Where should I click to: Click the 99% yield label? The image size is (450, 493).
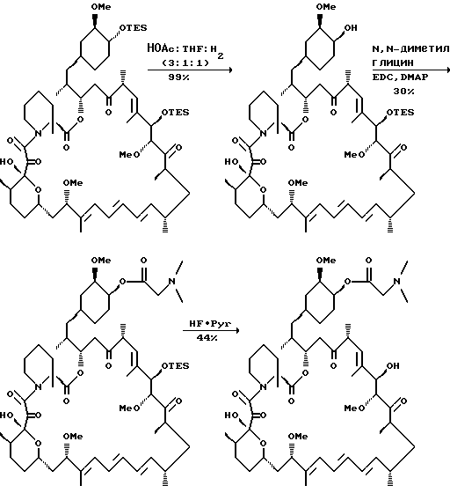pyautogui.click(x=179, y=77)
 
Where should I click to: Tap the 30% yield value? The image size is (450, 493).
pyautogui.click(x=403, y=92)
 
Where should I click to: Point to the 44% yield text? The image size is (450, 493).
pyautogui.click(x=207, y=338)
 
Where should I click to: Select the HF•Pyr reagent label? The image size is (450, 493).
pyautogui.click(x=210, y=324)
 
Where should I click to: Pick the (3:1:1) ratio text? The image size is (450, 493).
pyautogui.click(x=185, y=63)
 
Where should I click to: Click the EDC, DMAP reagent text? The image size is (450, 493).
pyautogui.click(x=400, y=77)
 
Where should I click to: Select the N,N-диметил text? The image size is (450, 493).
pyautogui.click(x=410, y=49)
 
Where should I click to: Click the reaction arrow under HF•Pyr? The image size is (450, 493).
pyautogui.click(x=211, y=330)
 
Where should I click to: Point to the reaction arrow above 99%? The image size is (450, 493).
pyautogui.click(x=190, y=70)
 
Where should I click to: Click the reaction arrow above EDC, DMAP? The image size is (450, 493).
pyautogui.click(x=411, y=70)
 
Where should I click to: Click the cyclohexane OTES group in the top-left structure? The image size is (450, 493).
pyautogui.click(x=133, y=28)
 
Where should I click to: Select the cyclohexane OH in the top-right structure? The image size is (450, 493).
pyautogui.click(x=351, y=28)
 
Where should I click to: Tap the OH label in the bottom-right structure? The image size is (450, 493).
pyautogui.click(x=393, y=366)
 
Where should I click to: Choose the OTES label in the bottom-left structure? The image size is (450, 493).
pyautogui.click(x=175, y=366)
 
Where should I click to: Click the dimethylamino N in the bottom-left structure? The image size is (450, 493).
pyautogui.click(x=171, y=282)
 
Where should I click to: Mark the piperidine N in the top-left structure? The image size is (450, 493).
pyautogui.click(x=39, y=133)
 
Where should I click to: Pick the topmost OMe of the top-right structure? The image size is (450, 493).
pyautogui.click(x=326, y=7)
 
